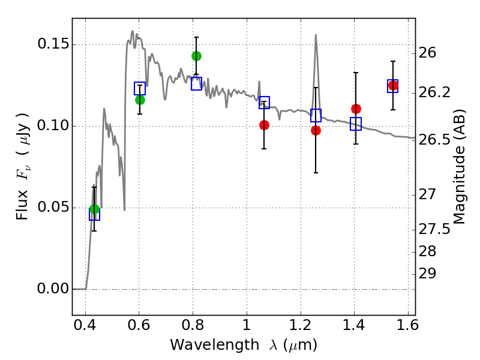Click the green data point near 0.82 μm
197,56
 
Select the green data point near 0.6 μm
140,100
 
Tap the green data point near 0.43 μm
94,209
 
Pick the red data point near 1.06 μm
264,125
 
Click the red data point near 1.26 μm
316,131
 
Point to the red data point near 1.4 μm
356,109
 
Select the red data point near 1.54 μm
393,85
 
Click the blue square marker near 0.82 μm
197,83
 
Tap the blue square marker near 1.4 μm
356,124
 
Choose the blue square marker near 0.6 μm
140,88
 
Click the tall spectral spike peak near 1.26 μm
316,35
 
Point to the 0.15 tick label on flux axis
52,44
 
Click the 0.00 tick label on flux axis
52,289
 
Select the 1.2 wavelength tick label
301,325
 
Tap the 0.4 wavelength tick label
85,325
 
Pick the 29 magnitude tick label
427,274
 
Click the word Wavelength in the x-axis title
215,345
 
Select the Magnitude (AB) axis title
459,167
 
